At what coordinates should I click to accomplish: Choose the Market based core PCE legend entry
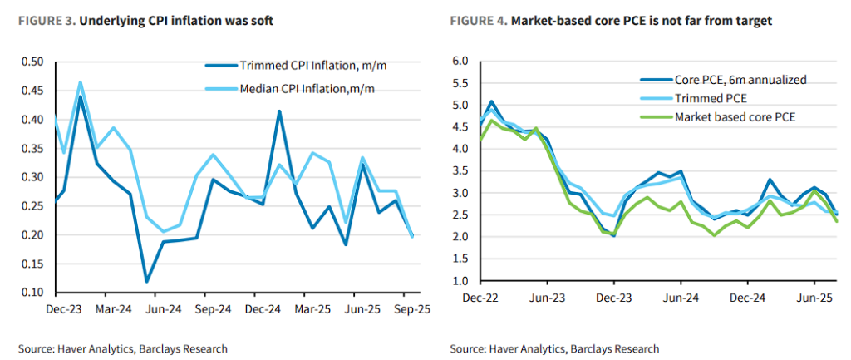pyautogui.click(x=735, y=116)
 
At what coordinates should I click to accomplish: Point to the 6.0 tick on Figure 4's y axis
pyautogui.click(x=460, y=62)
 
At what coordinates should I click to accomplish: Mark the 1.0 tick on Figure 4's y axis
pyautogui.click(x=460, y=281)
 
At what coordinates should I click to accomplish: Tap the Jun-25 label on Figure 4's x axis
pyautogui.click(x=816, y=297)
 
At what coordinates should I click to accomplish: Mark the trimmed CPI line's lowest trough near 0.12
pyautogui.click(x=146, y=282)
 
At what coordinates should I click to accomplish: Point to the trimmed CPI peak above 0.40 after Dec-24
pyautogui.click(x=278, y=111)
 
